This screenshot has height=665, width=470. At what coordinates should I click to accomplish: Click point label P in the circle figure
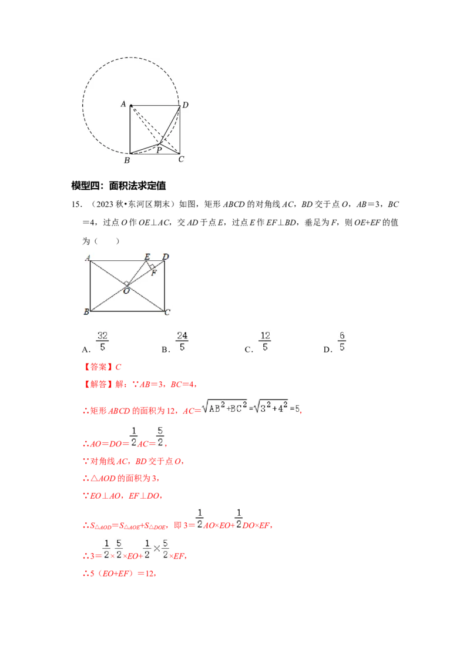pos(159,150)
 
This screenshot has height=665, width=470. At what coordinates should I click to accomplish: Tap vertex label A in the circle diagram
pos(123,104)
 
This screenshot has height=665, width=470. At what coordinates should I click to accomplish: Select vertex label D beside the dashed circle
pos(186,105)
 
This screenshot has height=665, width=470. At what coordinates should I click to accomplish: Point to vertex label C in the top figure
pos(181,159)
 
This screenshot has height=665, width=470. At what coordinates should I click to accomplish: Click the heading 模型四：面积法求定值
pos(118,185)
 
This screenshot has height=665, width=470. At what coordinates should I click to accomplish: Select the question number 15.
pos(77,204)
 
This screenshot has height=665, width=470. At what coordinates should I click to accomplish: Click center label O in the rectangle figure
pos(126,291)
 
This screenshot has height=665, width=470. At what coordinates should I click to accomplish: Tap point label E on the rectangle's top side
pos(147,257)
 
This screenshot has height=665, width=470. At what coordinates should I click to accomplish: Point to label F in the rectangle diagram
pos(154,273)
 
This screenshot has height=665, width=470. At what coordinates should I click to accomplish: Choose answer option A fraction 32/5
pos(102,341)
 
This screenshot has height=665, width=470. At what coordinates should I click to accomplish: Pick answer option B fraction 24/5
pos(182,341)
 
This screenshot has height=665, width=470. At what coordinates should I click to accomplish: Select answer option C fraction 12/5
pos(265,341)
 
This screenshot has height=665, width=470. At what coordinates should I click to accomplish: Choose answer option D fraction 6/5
pos(342,341)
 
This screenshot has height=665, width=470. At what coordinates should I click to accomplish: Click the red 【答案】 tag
pos(98,367)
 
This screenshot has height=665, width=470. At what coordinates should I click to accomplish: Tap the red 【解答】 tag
pos(98,384)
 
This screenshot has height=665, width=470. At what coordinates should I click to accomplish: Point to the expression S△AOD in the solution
pos(100,526)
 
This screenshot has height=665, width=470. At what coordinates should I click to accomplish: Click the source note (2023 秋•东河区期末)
pos(132,204)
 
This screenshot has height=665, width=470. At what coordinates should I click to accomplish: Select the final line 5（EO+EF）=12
pos(120,574)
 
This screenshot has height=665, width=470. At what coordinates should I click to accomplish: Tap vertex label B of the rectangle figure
pos(86,312)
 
